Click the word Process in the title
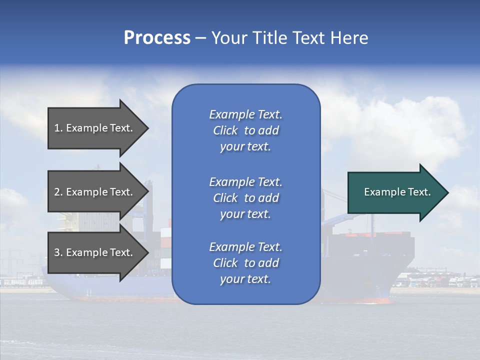(157, 38)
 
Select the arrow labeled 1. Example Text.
(95, 128)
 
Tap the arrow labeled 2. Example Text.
(95, 192)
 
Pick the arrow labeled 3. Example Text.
(95, 252)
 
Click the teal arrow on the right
(395, 192)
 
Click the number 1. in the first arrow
(58, 128)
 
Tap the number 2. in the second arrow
(58, 192)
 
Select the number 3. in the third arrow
(58, 252)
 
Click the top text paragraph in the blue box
(245, 130)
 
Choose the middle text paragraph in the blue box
(245, 198)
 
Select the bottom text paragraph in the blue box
(245, 263)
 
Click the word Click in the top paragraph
(225, 130)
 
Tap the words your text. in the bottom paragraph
(245, 279)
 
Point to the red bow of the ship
(382, 301)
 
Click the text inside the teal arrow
(397, 192)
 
